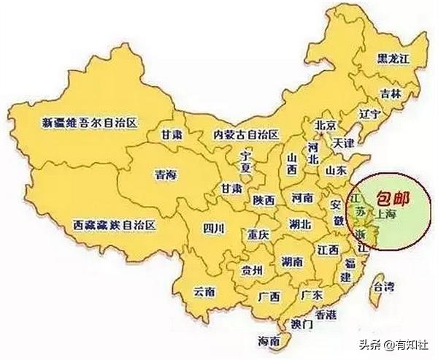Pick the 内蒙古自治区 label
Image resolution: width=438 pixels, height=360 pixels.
(x=245, y=134)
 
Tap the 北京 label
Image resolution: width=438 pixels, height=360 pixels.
(x=324, y=125)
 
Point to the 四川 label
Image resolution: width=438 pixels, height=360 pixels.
(x=214, y=229)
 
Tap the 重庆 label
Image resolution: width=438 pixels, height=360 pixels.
(x=258, y=235)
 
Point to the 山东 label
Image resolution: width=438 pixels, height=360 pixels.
(x=337, y=171)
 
